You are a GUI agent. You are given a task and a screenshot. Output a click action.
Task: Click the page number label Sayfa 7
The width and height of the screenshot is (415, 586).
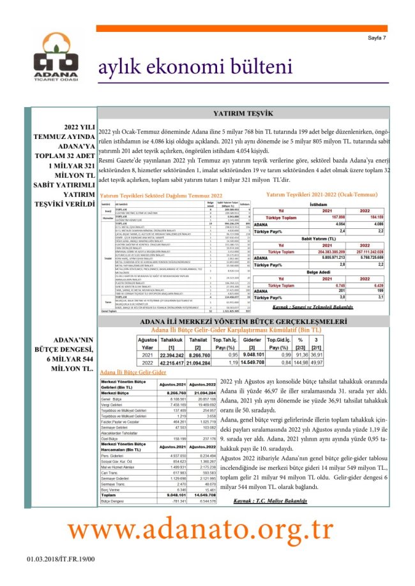pos(377,38)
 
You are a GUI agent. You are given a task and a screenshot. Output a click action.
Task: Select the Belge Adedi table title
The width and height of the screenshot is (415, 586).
pos(318,271)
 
